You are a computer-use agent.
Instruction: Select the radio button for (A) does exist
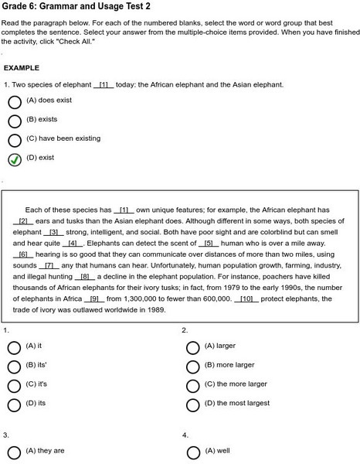pyautogui.click(x=15, y=101)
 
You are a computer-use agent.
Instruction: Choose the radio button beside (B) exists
pyautogui.click(x=15, y=121)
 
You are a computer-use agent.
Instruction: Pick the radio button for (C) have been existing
pyautogui.click(x=15, y=140)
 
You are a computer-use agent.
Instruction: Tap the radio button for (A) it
pyautogui.click(x=14, y=347)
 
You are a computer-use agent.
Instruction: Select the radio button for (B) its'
pyautogui.click(x=14, y=366)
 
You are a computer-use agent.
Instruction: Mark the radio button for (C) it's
pyautogui.click(x=14, y=385)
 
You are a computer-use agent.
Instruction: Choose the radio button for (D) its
pyautogui.click(x=14, y=404)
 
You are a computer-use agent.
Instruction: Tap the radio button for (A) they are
pyautogui.click(x=14, y=452)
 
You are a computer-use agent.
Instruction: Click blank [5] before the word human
pyautogui.click(x=208, y=243)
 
